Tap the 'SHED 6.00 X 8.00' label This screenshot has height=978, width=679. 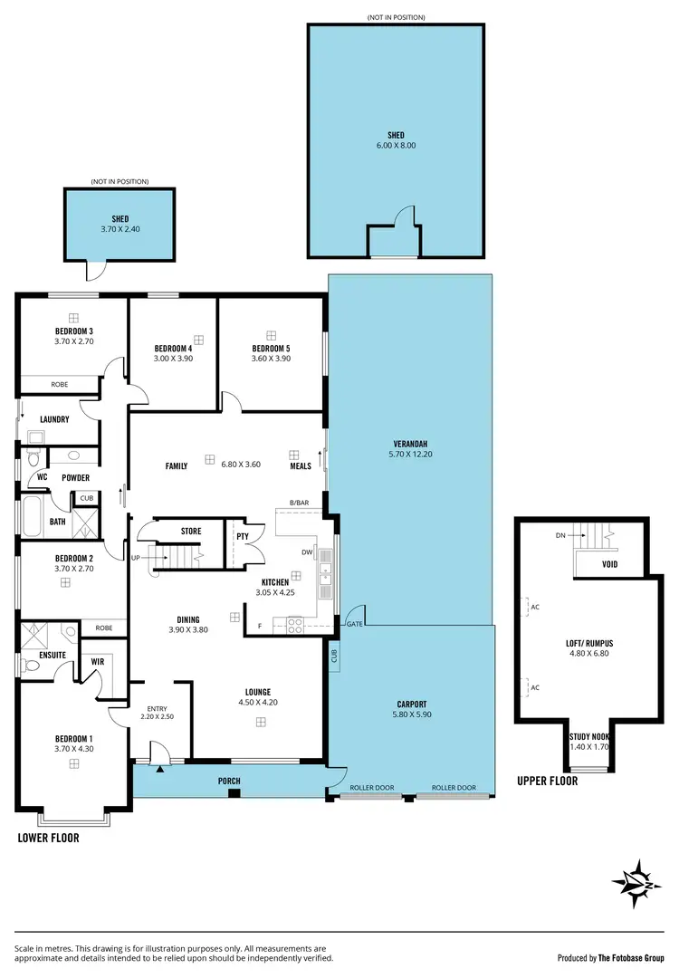point(396,140)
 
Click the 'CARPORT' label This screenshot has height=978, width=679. point(411,704)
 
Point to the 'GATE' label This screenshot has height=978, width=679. point(355,624)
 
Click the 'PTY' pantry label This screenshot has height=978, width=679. point(242,536)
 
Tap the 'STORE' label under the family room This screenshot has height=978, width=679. point(191,531)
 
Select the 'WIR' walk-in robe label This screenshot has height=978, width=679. point(97,661)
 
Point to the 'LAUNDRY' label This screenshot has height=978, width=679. point(55,419)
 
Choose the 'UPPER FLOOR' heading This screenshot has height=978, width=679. point(548,780)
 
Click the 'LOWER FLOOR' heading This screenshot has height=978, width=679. point(48,838)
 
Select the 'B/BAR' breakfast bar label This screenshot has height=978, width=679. point(299,503)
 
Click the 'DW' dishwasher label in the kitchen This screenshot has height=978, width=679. point(307,551)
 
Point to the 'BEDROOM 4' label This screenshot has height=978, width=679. point(172,349)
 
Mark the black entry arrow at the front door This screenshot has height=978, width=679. point(160,769)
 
